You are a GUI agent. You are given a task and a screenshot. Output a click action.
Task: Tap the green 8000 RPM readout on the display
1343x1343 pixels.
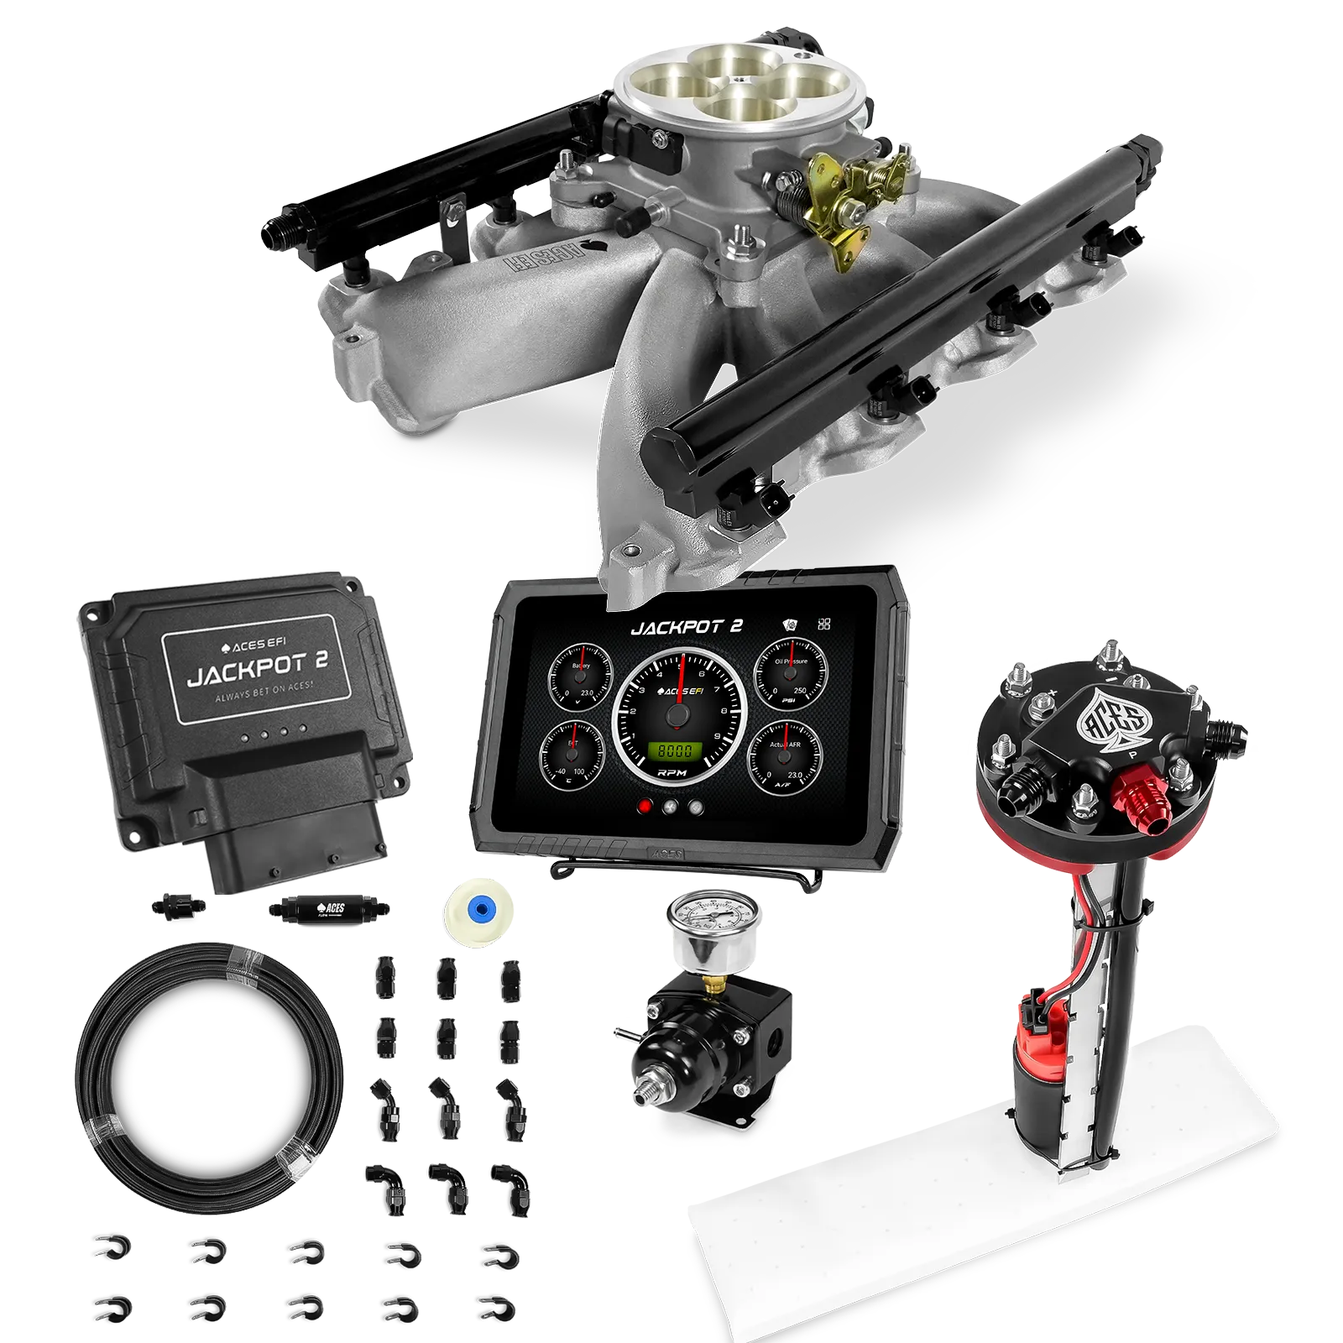pos(676,750)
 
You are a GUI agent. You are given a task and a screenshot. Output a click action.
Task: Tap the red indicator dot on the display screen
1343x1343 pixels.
pos(645,807)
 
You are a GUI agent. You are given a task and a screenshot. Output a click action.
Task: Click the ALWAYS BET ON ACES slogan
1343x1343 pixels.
pos(264,697)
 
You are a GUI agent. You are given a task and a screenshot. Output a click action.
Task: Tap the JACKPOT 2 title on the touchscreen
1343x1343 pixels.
pos(686,627)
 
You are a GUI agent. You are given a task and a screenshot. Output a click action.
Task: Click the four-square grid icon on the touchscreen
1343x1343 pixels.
pos(824,624)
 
